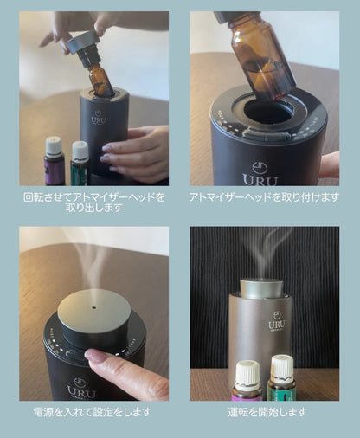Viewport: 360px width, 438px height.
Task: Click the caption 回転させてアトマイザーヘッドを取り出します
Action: point(93,203)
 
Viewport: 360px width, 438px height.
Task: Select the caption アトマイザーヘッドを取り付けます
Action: point(264,197)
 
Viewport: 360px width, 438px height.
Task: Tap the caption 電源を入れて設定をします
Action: point(93,412)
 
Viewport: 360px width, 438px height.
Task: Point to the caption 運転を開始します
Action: point(264,412)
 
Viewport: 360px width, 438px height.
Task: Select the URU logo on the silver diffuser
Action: point(277,323)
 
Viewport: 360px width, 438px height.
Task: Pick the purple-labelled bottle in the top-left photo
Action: point(55,162)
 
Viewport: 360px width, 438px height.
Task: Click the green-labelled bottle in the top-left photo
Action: point(80,164)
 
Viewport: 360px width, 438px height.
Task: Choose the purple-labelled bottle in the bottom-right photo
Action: point(247,381)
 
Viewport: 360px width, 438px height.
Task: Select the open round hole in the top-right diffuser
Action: point(268,113)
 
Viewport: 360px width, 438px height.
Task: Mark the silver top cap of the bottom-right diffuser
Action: point(261,288)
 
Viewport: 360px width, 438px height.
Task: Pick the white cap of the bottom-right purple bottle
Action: point(248,368)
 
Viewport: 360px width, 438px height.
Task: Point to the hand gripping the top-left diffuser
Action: point(138,151)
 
